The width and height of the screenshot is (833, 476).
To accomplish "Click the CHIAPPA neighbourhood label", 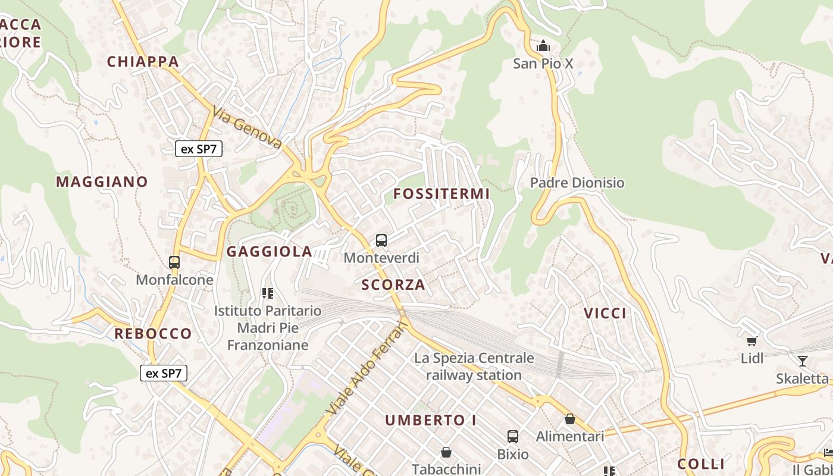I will tap(143, 61).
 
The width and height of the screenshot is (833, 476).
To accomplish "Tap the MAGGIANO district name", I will tap(102, 181).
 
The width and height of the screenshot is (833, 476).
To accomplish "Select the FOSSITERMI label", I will tap(441, 193).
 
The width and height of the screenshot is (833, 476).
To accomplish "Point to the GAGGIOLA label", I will tap(270, 252).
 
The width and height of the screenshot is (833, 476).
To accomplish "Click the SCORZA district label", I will tap(393, 284).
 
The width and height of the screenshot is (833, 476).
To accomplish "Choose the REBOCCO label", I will tap(153, 333).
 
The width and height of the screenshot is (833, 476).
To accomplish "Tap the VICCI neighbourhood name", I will tap(605, 314).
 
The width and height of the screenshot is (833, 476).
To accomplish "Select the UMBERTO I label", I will tap(430, 420).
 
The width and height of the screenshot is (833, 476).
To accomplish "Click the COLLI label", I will tap(701, 464).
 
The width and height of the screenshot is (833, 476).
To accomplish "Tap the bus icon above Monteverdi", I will tap(381, 240).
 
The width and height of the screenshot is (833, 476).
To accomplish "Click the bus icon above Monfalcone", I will tap(174, 262).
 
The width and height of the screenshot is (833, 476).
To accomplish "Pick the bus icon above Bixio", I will tap(513, 437).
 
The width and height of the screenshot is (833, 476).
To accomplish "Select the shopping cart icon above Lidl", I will tap(752, 341).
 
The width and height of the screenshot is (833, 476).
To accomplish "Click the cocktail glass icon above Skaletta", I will tap(802, 361).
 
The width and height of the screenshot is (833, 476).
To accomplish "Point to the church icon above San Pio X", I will tap(543, 46).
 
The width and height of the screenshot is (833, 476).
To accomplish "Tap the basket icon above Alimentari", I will tap(570, 419).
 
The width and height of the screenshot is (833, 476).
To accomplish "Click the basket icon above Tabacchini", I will tap(446, 452).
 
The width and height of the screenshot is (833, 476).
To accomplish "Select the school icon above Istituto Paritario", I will tap(268, 293).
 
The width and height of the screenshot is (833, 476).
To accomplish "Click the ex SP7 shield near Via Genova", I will tap(199, 149).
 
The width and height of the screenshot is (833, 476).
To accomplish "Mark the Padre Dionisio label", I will tap(577, 183).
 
